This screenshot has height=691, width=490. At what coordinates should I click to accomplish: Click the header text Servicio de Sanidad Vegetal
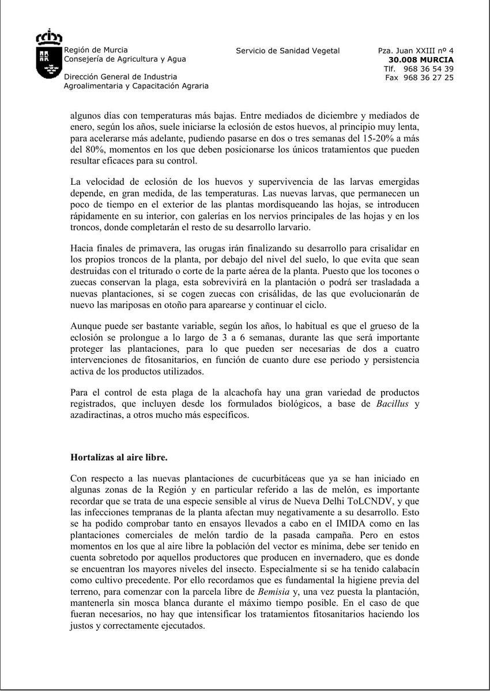click(x=288, y=51)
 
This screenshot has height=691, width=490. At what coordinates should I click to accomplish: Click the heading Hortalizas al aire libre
click(x=119, y=457)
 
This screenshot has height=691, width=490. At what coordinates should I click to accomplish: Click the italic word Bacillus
click(x=392, y=404)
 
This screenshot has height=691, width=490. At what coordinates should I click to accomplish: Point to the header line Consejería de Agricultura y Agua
click(x=125, y=59)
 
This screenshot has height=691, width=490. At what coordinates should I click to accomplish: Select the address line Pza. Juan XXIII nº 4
click(x=416, y=51)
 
